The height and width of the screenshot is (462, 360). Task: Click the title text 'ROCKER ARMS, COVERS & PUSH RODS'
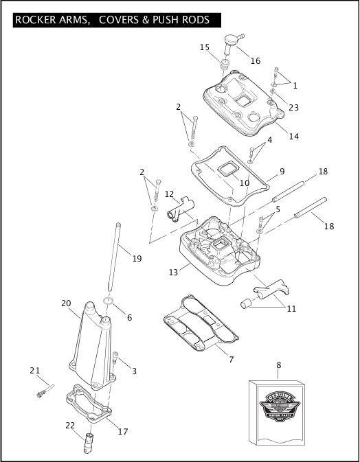click(x=112, y=20)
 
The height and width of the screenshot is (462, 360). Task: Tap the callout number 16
click(x=255, y=61)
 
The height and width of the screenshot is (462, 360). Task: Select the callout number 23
click(x=293, y=107)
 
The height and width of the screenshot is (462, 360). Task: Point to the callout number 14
click(x=293, y=136)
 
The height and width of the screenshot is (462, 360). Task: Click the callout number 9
click(x=282, y=171)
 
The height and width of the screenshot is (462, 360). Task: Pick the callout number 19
click(x=137, y=259)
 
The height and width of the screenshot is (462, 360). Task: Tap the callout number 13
click(x=174, y=273)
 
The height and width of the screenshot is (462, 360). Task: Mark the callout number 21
click(x=34, y=371)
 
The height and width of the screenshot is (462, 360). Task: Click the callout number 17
click(x=123, y=432)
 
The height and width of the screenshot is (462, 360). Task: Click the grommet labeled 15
click(x=224, y=66)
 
